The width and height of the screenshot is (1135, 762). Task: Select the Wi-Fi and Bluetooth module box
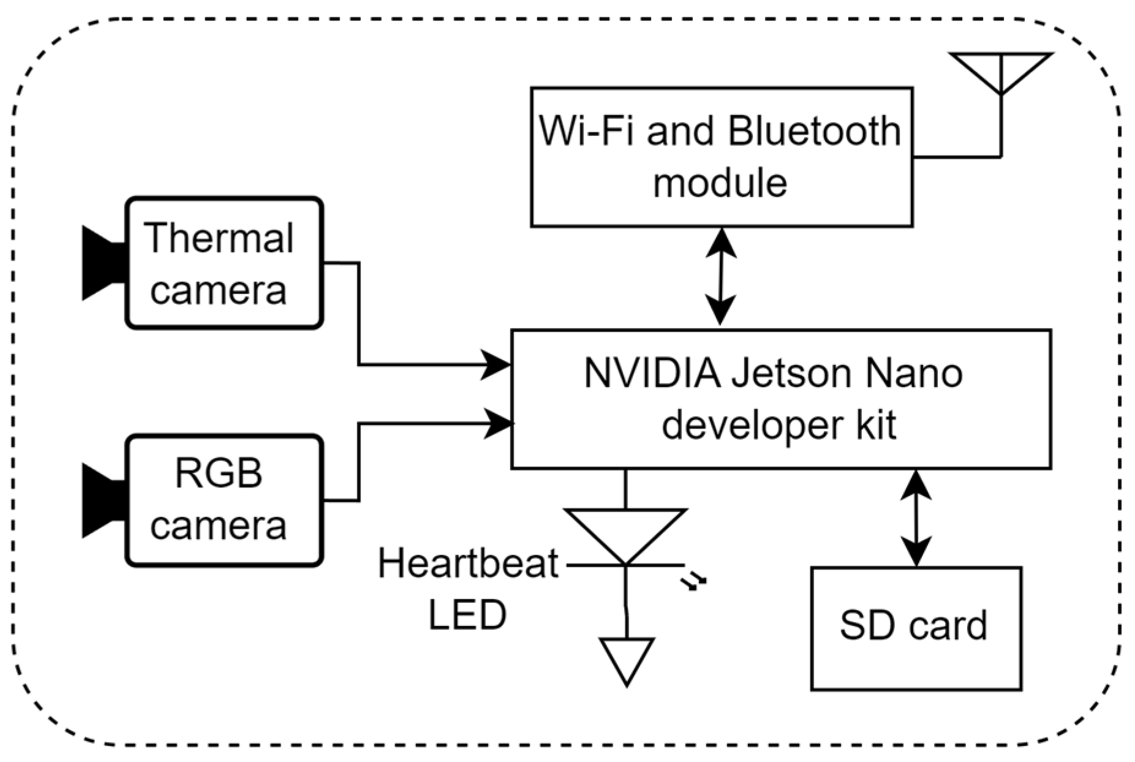pos(721,157)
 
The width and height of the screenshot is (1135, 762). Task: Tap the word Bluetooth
pos(815,131)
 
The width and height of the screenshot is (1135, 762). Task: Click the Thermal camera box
pos(224,263)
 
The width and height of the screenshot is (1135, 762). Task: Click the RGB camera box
pos(224,500)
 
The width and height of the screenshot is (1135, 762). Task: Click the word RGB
pos(219,473)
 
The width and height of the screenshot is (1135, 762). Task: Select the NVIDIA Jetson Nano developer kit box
pos(780,399)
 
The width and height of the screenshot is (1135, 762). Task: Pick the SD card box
pos(916,628)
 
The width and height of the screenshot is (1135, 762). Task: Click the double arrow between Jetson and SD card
pos(916,518)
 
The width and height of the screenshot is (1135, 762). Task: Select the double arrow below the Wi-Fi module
pos(720,276)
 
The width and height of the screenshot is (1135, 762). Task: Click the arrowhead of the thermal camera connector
pos(496,365)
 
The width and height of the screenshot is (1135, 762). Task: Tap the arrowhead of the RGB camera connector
pos(497,423)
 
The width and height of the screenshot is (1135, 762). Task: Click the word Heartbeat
pos(468,564)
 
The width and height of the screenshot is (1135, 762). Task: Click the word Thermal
pos(219,238)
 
